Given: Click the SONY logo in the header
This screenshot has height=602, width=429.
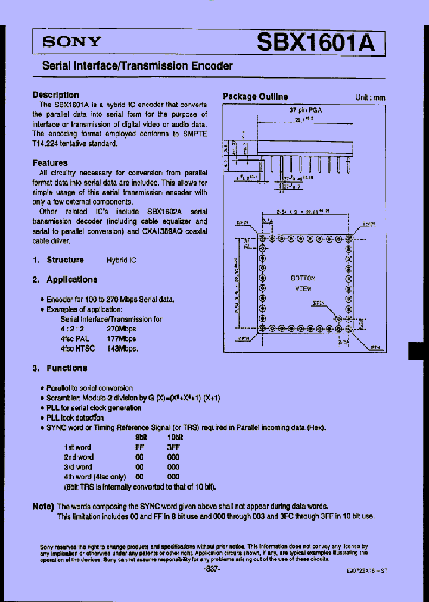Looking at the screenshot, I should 71,42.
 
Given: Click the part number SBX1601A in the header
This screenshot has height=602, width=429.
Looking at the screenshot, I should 316,42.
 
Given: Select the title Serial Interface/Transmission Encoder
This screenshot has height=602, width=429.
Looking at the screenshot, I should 138,67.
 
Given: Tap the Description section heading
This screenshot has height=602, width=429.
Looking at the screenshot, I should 55,95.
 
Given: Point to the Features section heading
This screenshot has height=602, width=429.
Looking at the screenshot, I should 50,162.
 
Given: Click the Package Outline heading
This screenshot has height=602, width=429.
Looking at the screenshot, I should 255,96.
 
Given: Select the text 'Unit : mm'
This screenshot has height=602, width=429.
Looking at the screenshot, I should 370,98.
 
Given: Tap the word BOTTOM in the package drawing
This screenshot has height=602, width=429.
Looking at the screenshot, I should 303,278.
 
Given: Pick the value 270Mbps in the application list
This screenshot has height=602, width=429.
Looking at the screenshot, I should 122,328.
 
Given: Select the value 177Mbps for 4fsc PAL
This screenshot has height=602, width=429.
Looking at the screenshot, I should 122,338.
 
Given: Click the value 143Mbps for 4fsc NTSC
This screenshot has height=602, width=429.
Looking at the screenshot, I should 122,349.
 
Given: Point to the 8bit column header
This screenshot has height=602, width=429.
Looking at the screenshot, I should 142,437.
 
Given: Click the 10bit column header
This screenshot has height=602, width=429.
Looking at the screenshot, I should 175,437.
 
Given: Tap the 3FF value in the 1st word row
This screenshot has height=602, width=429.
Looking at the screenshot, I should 173,447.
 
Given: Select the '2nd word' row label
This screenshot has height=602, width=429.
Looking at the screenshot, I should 79,457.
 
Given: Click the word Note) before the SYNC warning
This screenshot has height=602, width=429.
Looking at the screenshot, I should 43,506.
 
